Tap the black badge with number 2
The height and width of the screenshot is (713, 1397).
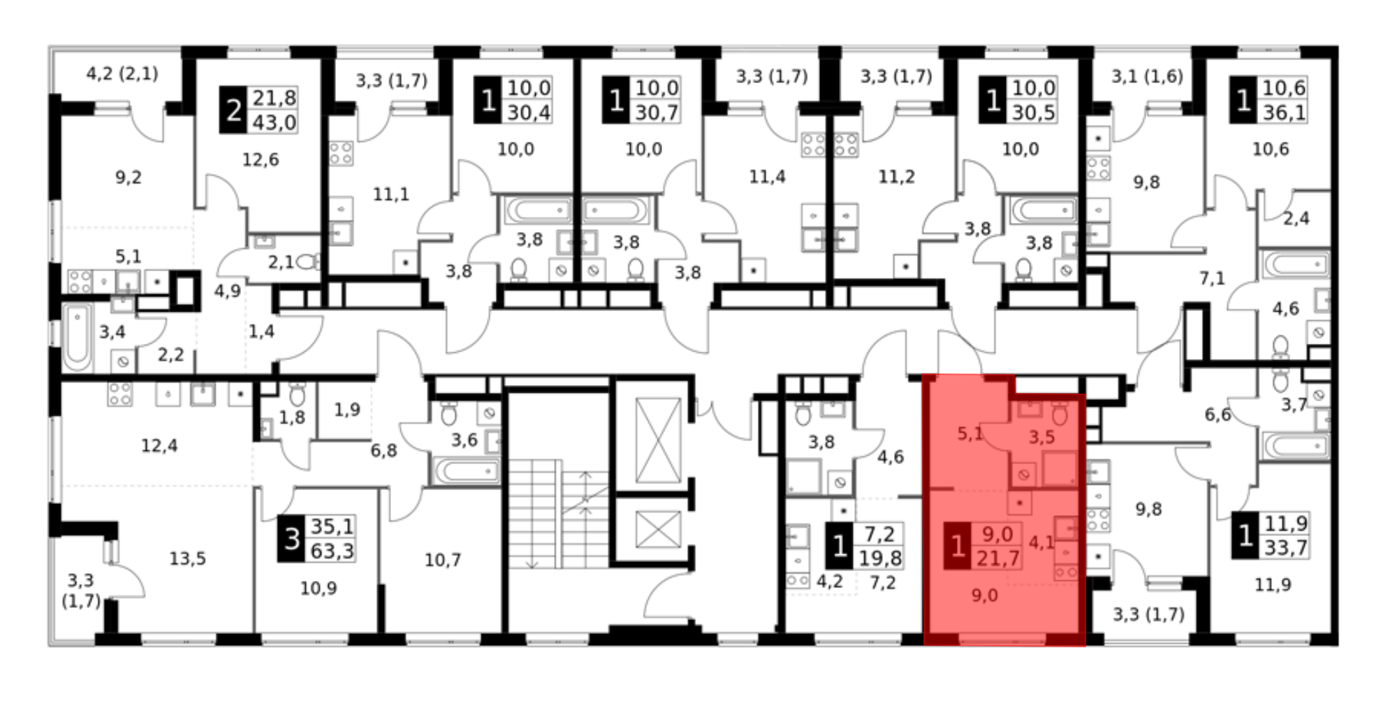coord(233,110)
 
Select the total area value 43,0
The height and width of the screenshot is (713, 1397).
coord(274,122)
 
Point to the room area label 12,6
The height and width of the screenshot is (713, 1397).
coord(260,160)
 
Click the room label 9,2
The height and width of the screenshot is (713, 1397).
coord(129,178)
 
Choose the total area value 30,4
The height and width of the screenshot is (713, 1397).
coord(529,112)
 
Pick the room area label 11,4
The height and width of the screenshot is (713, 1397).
coord(767,177)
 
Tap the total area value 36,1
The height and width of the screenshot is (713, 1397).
coord(1284,112)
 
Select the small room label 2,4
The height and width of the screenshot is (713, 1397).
coord(1296,219)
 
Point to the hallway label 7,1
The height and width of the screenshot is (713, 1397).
coord(1212,279)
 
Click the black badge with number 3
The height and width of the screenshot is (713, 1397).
coord(291,538)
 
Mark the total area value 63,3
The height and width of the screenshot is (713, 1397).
coord(332,551)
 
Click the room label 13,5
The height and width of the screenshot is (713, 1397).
coord(187,559)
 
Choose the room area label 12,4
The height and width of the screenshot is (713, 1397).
coord(159,445)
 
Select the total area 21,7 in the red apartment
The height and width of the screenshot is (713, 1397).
coord(997,558)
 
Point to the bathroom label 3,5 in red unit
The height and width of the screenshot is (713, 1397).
coord(1041,438)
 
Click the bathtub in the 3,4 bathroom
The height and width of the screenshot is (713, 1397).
coord(77,338)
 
